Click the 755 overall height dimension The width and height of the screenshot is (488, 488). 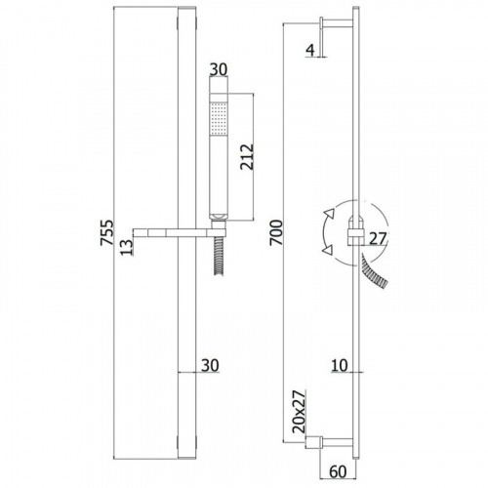(107, 232)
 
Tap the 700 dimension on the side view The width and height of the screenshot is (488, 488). (276, 232)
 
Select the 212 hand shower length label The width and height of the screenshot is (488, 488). (247, 157)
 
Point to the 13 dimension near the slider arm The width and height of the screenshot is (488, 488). (127, 247)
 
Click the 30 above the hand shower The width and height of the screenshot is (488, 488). (219, 69)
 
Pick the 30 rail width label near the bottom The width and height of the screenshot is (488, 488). (210, 366)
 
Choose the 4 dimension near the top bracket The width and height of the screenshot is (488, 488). (310, 50)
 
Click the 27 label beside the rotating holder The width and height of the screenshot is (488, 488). (378, 239)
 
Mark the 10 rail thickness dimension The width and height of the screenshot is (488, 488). (340, 366)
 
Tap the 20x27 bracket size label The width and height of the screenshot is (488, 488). (300, 411)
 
